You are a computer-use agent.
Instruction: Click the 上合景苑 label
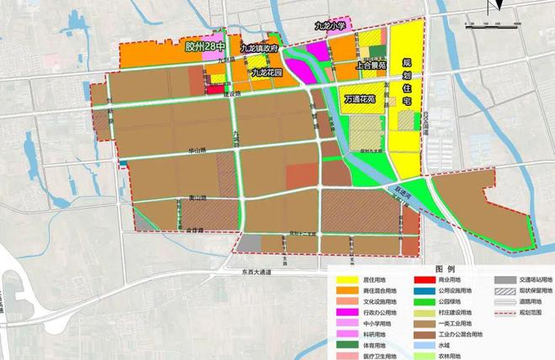click(x=371, y=63)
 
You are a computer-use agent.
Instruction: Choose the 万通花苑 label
click(x=363, y=98)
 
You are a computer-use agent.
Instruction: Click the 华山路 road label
click(x=197, y=151)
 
